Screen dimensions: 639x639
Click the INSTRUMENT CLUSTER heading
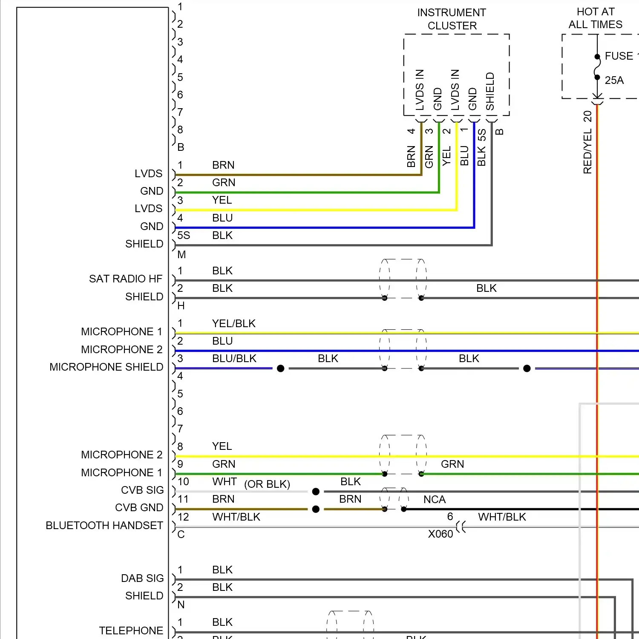[452, 19]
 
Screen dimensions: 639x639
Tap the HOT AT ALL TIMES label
[596, 18]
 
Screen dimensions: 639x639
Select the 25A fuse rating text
[614, 80]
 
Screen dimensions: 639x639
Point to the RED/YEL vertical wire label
[587, 152]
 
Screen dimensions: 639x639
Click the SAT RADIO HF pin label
[126, 279]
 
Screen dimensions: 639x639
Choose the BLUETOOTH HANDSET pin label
[104, 525]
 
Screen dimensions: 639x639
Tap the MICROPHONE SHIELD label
[106, 367]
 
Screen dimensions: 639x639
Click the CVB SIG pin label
[142, 490]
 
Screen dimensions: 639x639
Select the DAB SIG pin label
[142, 578]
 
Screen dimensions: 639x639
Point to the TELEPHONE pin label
[131, 630]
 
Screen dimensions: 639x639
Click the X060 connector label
[440, 534]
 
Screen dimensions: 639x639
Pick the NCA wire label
[435, 499]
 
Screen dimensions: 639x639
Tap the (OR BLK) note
[267, 484]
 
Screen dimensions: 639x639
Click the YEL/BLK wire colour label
[234, 323]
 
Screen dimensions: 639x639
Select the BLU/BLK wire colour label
[234, 358]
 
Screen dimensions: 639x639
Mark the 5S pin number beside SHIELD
[184, 235]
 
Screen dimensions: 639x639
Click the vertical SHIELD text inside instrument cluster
[490, 91]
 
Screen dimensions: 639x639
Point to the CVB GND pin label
[139, 507]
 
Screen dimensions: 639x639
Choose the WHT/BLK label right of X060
[502, 517]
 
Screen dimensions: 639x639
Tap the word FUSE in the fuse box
[619, 56]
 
